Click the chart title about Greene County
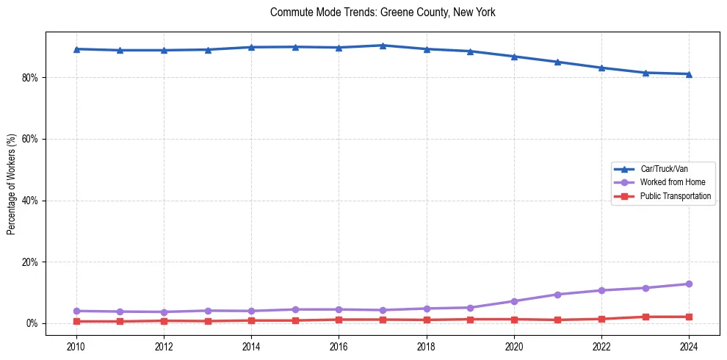click(383, 12)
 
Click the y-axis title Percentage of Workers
click(11, 184)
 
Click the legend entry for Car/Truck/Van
click(664, 169)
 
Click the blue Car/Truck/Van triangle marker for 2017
click(383, 46)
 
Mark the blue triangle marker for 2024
click(689, 73)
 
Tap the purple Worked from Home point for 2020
click(514, 301)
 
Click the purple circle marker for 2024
click(689, 284)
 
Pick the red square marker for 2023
click(645, 317)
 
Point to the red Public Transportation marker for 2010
click(76, 321)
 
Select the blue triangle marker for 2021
click(557, 62)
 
